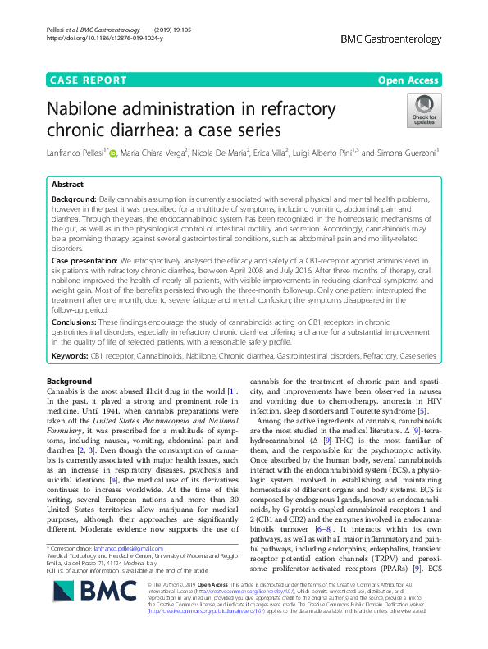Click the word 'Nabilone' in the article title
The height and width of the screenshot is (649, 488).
click(x=90, y=109)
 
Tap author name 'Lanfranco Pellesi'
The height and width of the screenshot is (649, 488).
click(x=75, y=153)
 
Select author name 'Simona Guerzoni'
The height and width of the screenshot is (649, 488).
click(x=404, y=153)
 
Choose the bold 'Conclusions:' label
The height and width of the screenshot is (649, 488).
click(x=74, y=322)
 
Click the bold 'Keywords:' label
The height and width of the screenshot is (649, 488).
click(x=69, y=359)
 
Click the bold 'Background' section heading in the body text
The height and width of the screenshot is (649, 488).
click(x=69, y=382)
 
